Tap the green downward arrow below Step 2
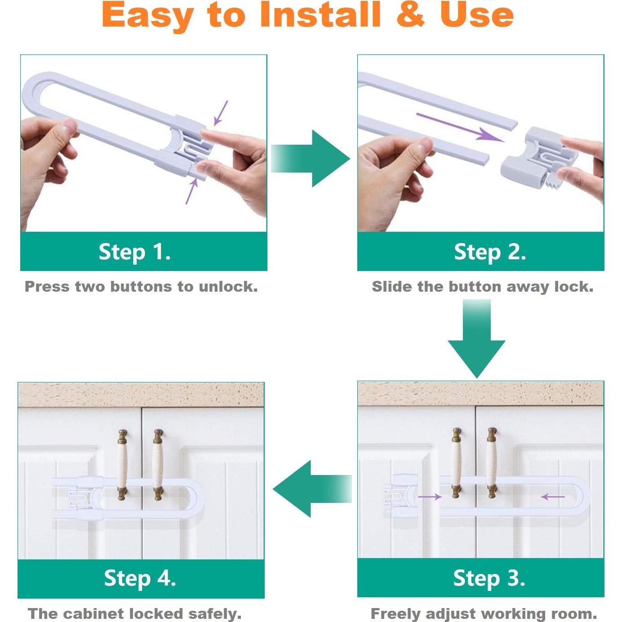(x=476, y=338)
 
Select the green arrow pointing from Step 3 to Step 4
(x=312, y=489)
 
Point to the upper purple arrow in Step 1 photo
(x=221, y=113)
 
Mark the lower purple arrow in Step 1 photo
(x=192, y=191)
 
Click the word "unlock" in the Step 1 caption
(x=228, y=287)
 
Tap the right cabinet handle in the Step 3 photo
(x=492, y=462)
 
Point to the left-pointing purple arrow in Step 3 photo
(x=553, y=497)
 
